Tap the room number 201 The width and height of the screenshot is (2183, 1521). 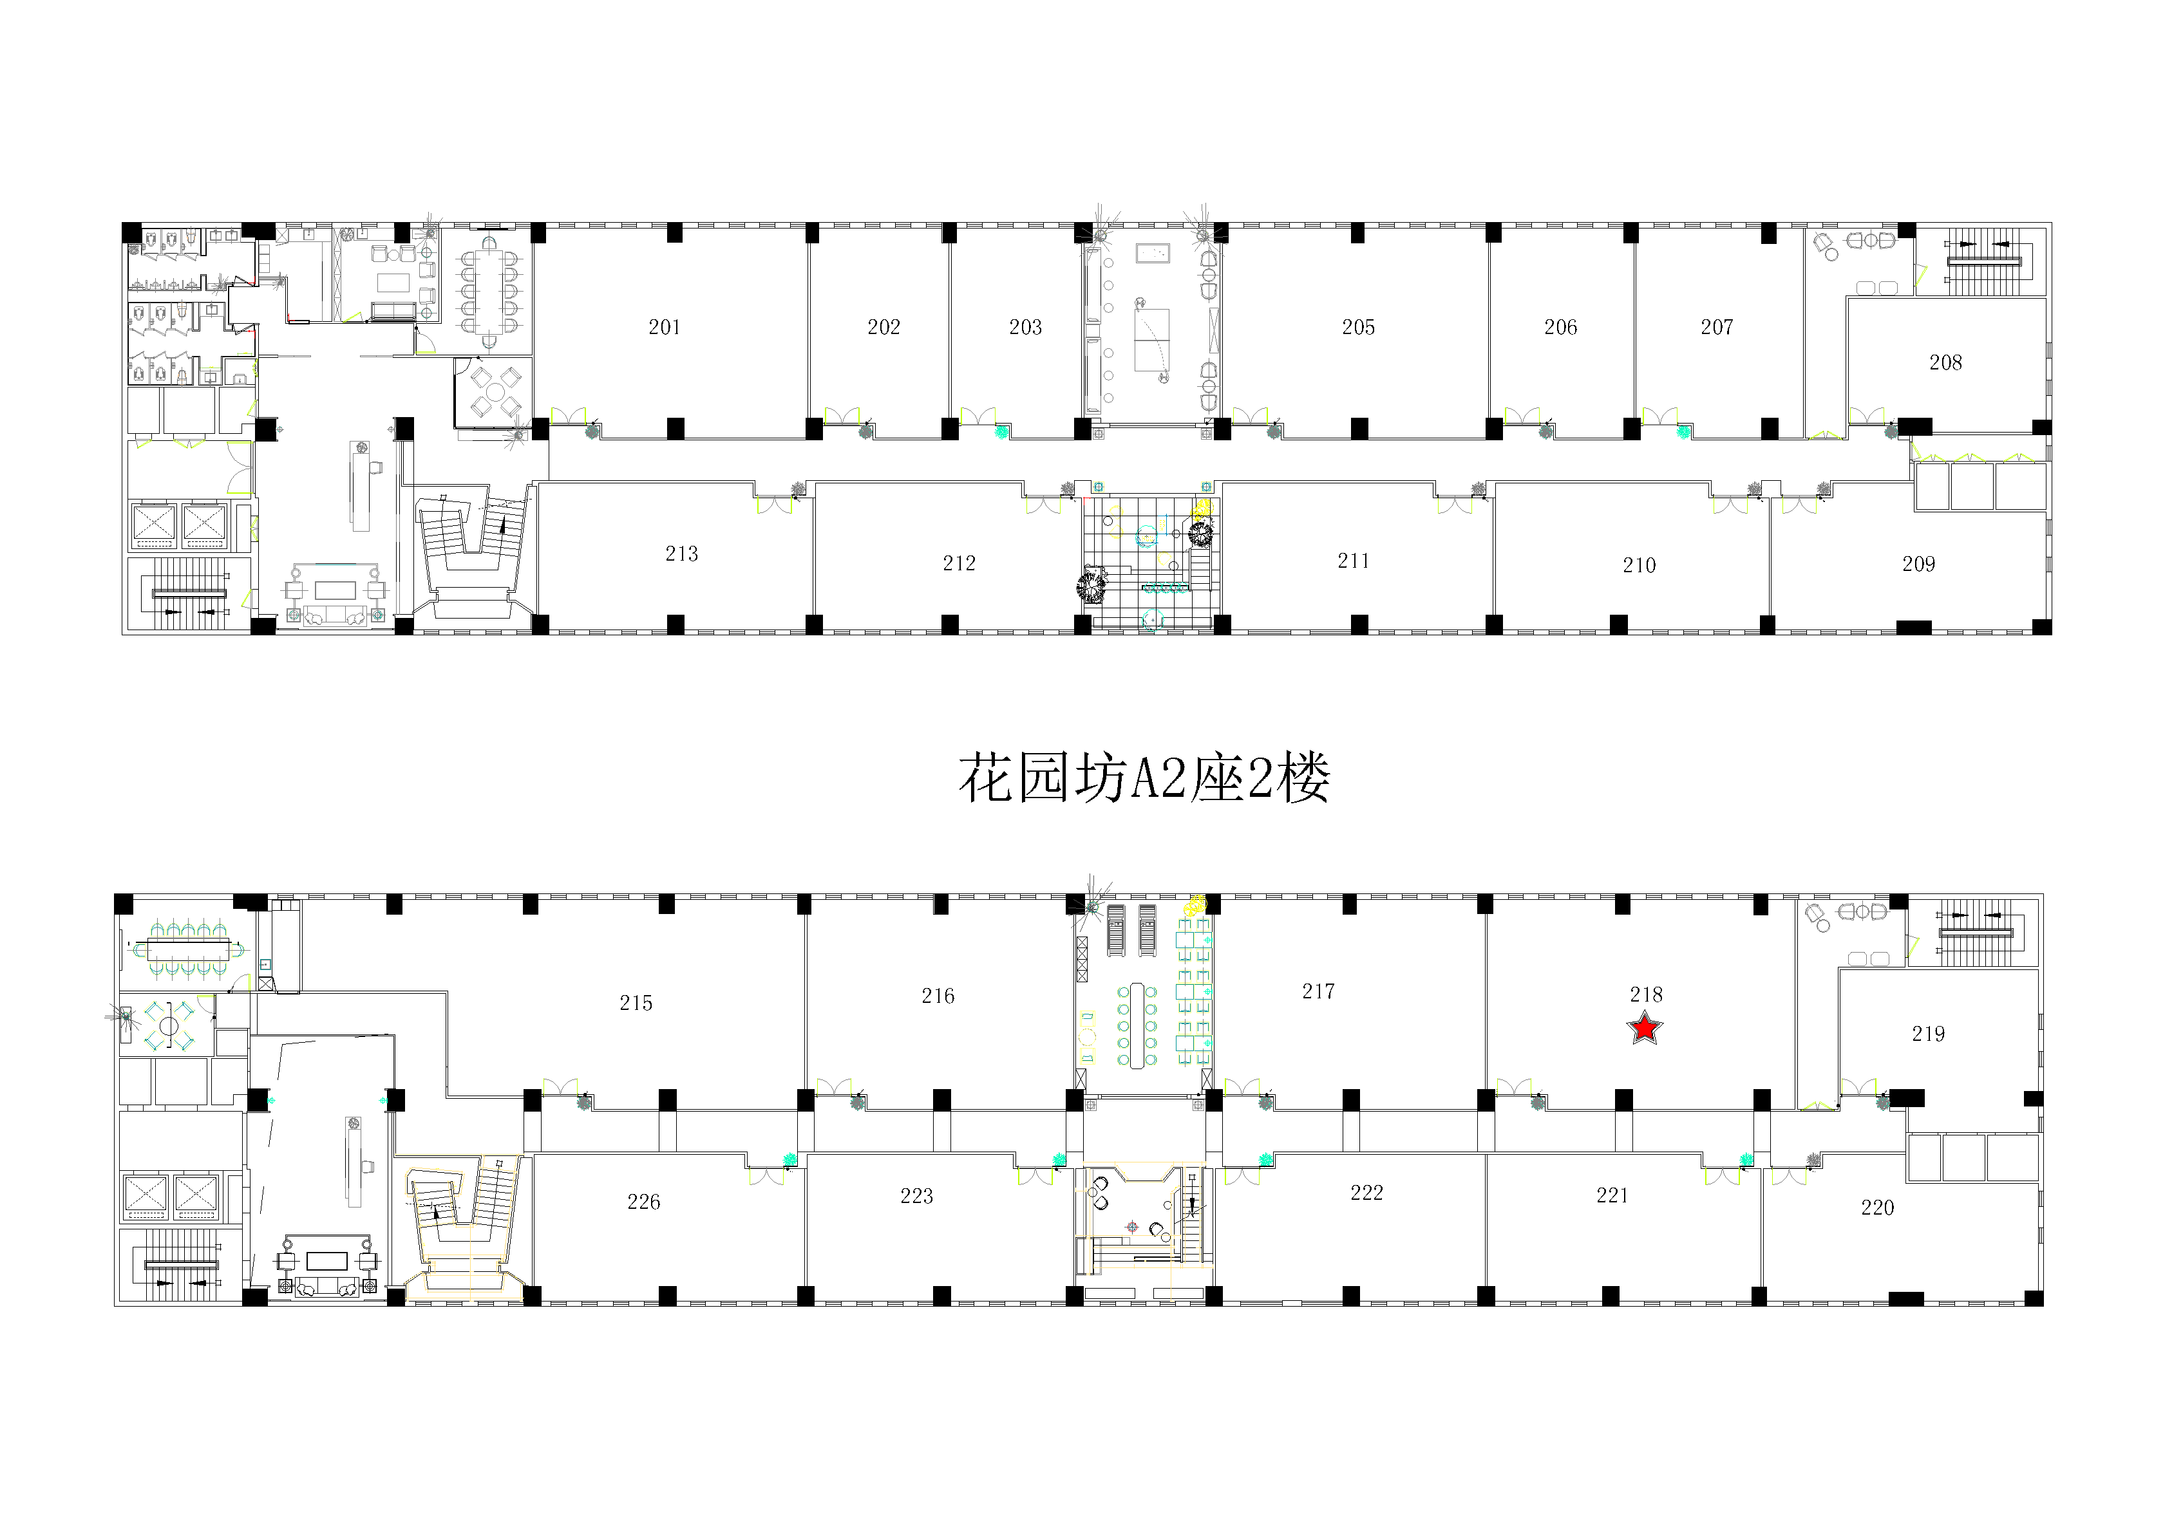[x=665, y=327]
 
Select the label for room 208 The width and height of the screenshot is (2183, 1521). [x=1945, y=362]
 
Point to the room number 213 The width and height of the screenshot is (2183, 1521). [x=682, y=554]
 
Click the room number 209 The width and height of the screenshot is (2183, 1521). [x=1919, y=564]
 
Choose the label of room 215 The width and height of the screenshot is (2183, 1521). [x=636, y=1003]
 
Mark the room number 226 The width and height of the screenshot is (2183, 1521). [x=644, y=1202]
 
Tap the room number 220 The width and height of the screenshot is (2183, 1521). [x=1878, y=1208]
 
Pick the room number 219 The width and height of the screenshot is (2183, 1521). [x=1928, y=1033]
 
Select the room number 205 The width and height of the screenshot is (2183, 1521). [x=1359, y=327]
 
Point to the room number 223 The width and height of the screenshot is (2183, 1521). [x=916, y=1196]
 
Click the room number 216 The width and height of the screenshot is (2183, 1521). [x=938, y=995]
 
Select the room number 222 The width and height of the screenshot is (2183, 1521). [x=1366, y=1192]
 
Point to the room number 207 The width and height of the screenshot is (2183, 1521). [x=1717, y=327]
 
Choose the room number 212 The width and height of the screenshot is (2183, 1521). [x=959, y=563]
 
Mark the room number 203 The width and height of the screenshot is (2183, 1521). [x=1026, y=327]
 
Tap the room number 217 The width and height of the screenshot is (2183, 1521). [x=1318, y=991]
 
